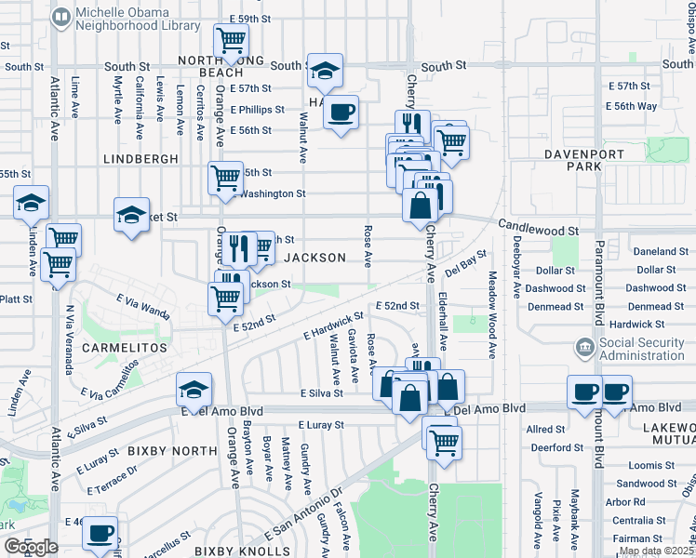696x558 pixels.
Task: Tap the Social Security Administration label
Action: [x=642, y=349]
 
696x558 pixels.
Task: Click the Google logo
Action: [x=30, y=547]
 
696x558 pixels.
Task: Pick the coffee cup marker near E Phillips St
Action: [x=341, y=113]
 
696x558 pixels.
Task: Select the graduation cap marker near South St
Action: [x=325, y=71]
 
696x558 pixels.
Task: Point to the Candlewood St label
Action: [x=539, y=227]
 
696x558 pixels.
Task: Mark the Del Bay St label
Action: [x=466, y=263]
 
